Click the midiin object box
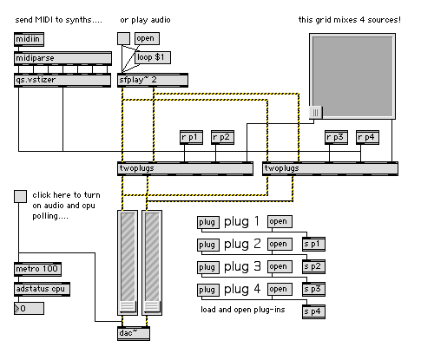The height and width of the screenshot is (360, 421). tap(29, 39)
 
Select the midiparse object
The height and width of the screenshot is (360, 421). tap(62, 58)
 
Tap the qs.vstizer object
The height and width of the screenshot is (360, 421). tap(62, 80)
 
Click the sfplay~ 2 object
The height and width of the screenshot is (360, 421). tap(153, 80)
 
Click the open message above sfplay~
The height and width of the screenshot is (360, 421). tap(147, 38)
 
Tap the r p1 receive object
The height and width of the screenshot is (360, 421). tap(191, 137)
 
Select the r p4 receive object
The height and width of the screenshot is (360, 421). tap(367, 137)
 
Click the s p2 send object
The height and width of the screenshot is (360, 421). tap(313, 266)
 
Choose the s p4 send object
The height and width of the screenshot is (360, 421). tap(313, 311)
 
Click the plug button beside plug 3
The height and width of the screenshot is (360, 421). tap(207, 267)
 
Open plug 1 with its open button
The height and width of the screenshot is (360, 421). tap(280, 222)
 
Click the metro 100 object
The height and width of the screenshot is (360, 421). tap(37, 269)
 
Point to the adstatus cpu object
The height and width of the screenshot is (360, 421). tap(42, 289)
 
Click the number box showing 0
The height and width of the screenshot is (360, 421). tap(29, 309)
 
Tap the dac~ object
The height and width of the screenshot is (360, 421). tap(134, 333)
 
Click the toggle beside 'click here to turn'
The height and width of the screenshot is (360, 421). tap(20, 196)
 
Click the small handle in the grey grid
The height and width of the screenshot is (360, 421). tap(316, 112)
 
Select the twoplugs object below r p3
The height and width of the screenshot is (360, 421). tap(330, 168)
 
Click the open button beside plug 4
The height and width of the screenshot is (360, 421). tap(280, 290)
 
